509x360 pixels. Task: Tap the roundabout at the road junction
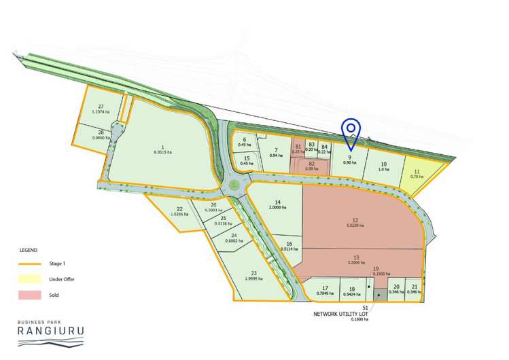(x=234, y=185)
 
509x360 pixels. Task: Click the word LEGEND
(x=29, y=250)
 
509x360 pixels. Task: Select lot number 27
(x=101, y=107)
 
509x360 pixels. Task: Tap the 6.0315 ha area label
(x=160, y=152)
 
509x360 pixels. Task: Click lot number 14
(x=277, y=202)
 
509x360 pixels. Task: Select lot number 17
(x=326, y=287)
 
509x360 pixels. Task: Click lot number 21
(x=415, y=287)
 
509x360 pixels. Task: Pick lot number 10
(x=383, y=164)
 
